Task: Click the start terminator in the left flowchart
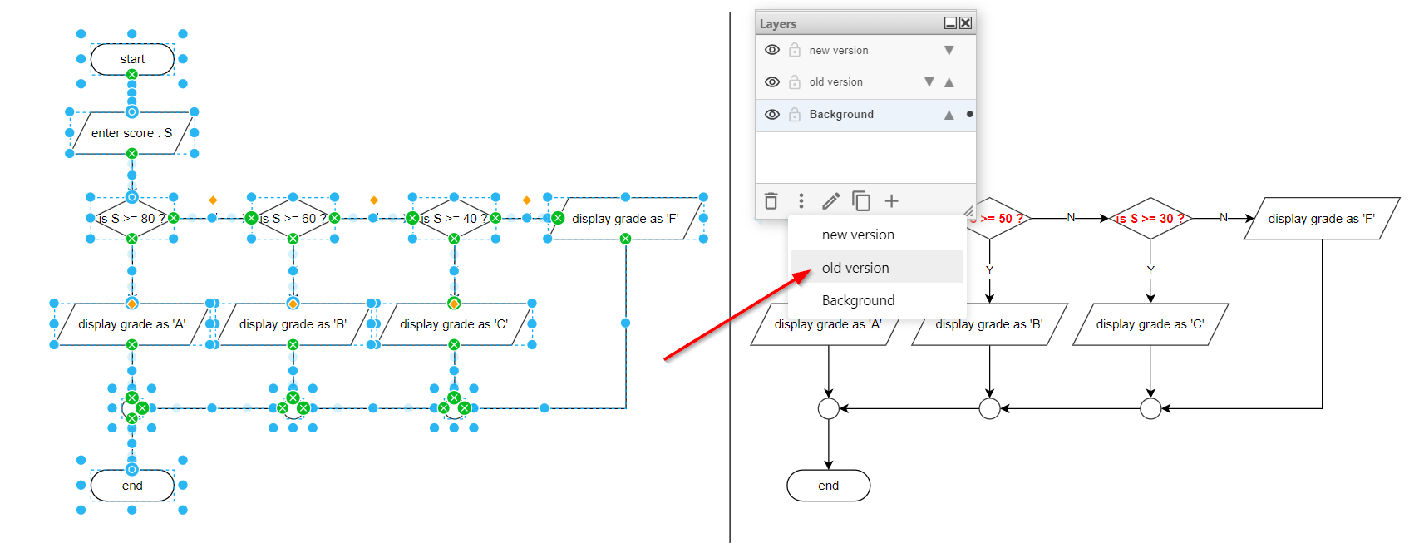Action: [x=132, y=59]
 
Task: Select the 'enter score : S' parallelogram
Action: [x=131, y=133]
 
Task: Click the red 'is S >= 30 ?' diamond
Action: [x=1151, y=219]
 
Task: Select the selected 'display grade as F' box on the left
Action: [x=625, y=219]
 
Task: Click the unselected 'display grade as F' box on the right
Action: [x=1322, y=219]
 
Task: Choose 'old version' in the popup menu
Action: [x=855, y=268]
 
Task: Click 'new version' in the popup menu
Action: [x=858, y=235]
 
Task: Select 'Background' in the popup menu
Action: [x=858, y=300]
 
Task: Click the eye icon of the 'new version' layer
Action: [x=772, y=50]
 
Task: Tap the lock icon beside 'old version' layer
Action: [x=795, y=82]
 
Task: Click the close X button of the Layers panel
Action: [x=965, y=23]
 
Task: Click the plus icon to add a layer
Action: [x=891, y=201]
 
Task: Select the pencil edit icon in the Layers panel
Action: [x=830, y=201]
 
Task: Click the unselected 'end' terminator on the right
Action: [x=828, y=486]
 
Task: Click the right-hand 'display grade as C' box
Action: [x=1151, y=324]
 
